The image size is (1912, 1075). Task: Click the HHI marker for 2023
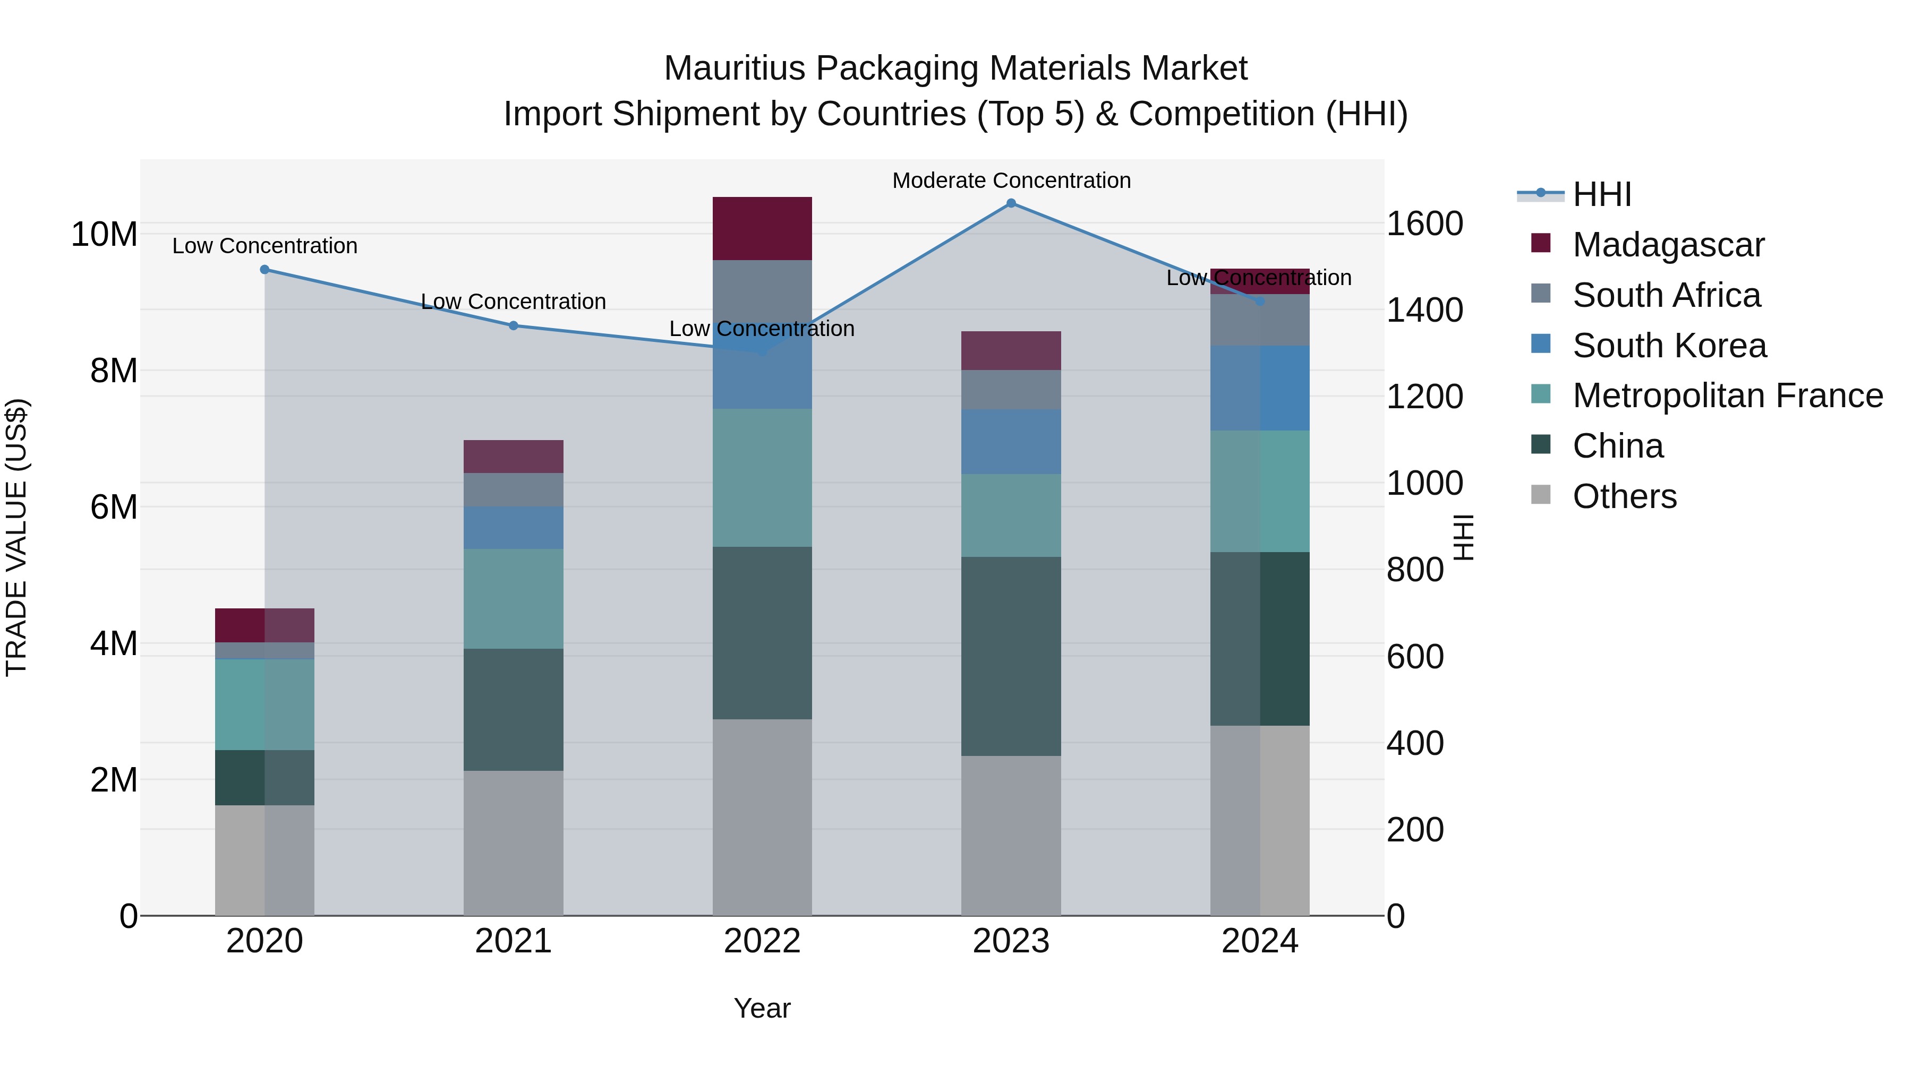(x=1011, y=203)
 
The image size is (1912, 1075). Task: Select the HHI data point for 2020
(x=264, y=269)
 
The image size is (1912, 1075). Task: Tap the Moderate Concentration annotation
(x=1011, y=180)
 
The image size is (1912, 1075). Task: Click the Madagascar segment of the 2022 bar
(x=762, y=228)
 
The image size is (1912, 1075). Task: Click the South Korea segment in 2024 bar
(x=1260, y=388)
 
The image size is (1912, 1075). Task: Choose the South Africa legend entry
(x=1666, y=295)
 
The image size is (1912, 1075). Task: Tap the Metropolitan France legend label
(x=1727, y=395)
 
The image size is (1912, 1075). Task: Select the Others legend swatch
(x=1541, y=495)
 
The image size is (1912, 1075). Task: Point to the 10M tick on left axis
(x=104, y=235)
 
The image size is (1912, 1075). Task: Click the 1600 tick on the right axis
(x=1425, y=223)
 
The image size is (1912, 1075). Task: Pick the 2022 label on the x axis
(x=762, y=941)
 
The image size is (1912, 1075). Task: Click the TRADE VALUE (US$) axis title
(x=16, y=537)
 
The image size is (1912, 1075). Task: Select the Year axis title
(x=762, y=1008)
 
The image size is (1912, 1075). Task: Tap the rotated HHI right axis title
(x=1463, y=537)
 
